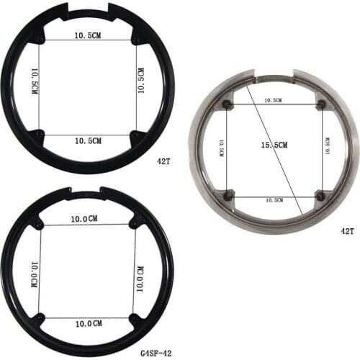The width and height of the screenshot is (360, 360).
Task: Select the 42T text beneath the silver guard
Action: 347,230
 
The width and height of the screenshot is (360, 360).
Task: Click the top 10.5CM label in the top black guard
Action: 88,35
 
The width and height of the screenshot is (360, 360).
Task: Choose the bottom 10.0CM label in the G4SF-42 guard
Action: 87,324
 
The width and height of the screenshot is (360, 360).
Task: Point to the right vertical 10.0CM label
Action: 140,271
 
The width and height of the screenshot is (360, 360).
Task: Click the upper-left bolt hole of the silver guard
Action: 228,105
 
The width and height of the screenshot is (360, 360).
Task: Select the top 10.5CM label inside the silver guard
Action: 274,100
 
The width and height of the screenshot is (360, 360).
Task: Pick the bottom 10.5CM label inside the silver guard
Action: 274,199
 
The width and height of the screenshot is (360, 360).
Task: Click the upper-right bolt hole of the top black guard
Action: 135,40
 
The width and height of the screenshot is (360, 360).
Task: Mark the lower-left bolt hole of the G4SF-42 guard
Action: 40,318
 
